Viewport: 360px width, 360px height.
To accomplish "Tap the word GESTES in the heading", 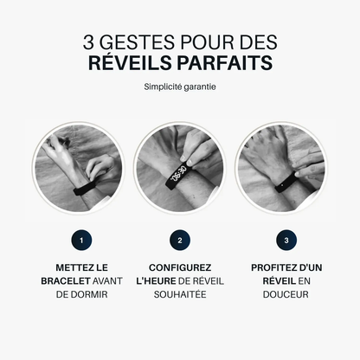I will point(141,40).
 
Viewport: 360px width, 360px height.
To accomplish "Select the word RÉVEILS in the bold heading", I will point(132,62).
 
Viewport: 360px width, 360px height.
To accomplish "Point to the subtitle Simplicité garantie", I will point(180,87).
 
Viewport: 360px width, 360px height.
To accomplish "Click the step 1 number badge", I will point(80,240).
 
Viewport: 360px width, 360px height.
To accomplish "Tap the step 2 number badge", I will point(179,240).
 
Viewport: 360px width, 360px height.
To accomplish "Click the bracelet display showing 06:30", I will point(179,174).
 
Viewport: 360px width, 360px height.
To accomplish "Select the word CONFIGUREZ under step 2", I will point(179,268).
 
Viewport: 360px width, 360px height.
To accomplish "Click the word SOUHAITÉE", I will point(179,294).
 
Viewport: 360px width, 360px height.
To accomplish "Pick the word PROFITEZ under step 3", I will point(271,268).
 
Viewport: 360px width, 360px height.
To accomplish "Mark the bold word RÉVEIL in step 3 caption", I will point(268,281).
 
